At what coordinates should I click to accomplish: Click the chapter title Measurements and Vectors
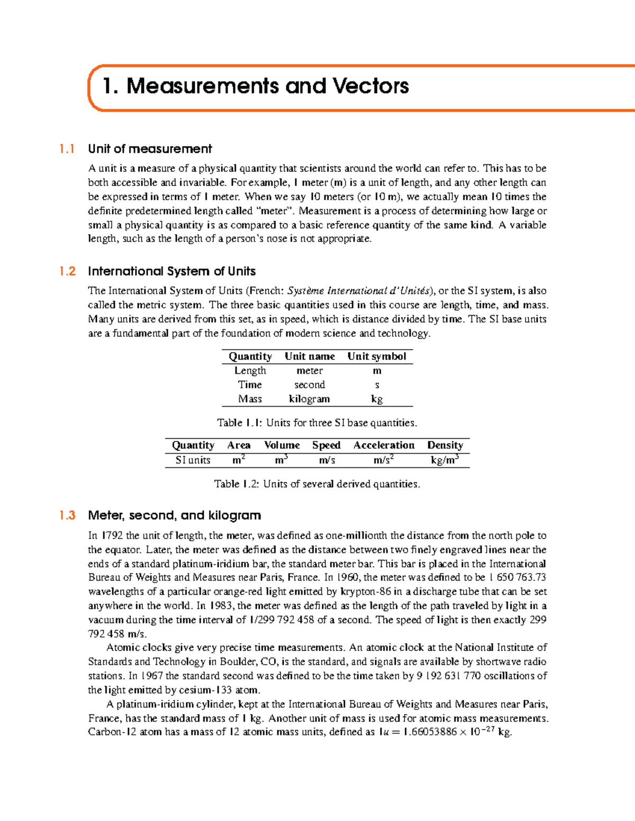pos(256,86)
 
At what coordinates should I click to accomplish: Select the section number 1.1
pos(67,149)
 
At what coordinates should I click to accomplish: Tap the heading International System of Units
pos(171,271)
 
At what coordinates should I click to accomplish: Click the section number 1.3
pos(67,515)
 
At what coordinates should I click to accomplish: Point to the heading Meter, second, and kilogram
pos(174,515)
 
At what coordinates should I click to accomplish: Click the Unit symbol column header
pos(376,356)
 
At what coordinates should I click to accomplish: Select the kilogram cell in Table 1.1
pos(309,399)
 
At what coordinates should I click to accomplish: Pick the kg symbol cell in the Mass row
pos(376,399)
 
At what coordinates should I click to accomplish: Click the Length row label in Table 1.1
pos(250,371)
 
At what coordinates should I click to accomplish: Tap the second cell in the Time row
pos(309,385)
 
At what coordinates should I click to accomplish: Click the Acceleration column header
pos(384,445)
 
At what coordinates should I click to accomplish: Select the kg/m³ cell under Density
pos(444,460)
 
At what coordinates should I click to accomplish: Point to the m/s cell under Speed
pos(326,460)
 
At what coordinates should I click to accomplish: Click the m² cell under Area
pos(239,460)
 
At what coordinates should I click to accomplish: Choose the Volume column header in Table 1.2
pos(282,445)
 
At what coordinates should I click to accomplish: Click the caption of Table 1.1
pos(317,423)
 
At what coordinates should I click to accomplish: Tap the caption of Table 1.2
pos(317,484)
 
